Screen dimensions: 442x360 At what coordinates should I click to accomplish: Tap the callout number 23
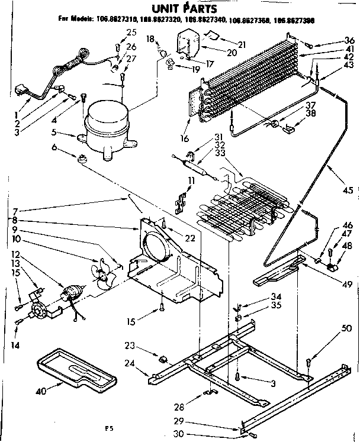pyautogui.click(x=130, y=345)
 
